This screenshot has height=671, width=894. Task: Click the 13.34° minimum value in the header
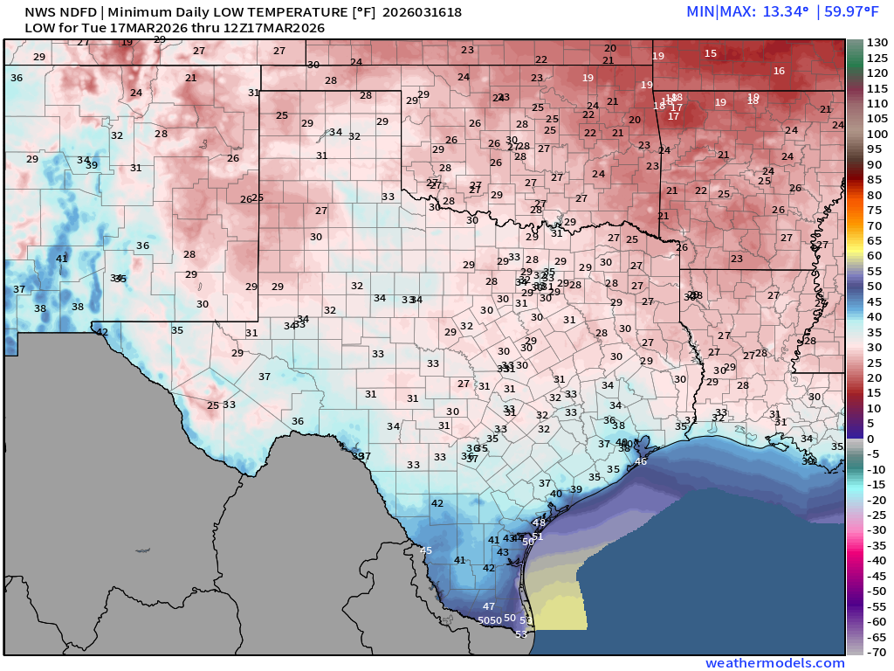pos(785,11)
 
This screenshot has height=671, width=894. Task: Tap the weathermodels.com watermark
pos(775,663)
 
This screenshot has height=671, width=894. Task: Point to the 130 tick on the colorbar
pos(877,43)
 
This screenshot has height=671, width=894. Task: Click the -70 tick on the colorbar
pos(877,652)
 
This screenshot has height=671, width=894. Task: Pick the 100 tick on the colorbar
pos(877,134)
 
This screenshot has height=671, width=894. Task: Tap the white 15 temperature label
pos(711,53)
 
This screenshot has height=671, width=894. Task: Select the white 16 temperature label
pos(779,71)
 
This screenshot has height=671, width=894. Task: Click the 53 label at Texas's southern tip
pos(521,634)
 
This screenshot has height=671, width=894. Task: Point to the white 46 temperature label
pos(640,461)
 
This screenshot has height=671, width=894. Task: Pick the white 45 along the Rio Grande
pos(426,550)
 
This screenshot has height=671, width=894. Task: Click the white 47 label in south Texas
pos(489,606)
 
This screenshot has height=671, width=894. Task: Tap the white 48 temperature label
pos(539,523)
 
